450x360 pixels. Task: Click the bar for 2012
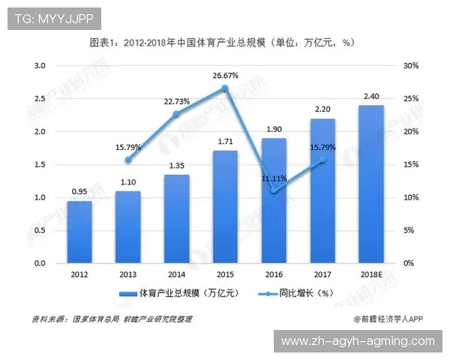pyautogui.click(x=73, y=232)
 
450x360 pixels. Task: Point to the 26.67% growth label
pyautogui.click(x=226, y=76)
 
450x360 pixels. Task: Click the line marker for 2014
pyautogui.click(x=176, y=114)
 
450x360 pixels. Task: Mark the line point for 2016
pyautogui.click(x=274, y=191)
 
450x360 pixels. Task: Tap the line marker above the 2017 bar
pyautogui.click(x=322, y=160)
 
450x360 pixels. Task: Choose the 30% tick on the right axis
pyautogui.click(x=410, y=66)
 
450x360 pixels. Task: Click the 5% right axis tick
pyautogui.click(x=408, y=231)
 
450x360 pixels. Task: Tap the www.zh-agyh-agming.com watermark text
pyautogui.click(x=357, y=341)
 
